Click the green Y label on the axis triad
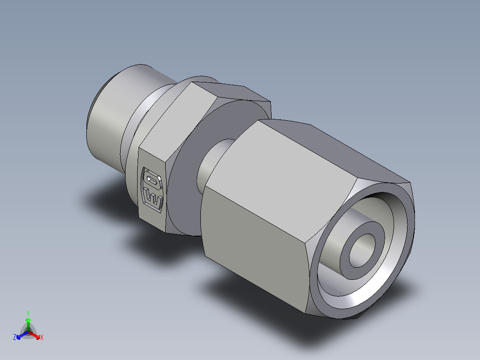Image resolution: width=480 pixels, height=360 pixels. point(28,313)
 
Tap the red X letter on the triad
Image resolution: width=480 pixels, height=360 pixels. point(41,338)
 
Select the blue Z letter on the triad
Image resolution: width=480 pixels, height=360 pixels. point(15,338)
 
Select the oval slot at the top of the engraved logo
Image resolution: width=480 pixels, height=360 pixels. point(152,180)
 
